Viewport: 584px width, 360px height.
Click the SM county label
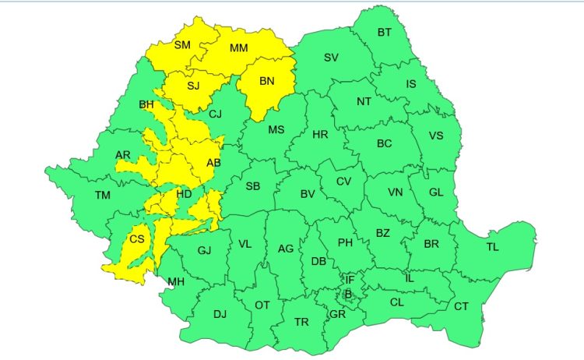pyautogui.click(x=182, y=45)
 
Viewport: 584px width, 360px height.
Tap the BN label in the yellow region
pyautogui.click(x=266, y=80)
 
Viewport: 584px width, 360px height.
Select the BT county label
pyautogui.click(x=385, y=32)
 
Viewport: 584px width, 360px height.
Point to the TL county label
pyautogui.click(x=492, y=247)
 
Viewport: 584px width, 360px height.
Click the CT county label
pyautogui.click(x=461, y=306)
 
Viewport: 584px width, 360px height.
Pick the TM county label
pyautogui.click(x=103, y=195)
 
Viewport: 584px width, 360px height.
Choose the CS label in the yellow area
pyautogui.click(x=137, y=239)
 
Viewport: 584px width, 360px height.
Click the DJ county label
pyautogui.click(x=220, y=314)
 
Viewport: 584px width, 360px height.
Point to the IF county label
pyautogui.click(x=350, y=279)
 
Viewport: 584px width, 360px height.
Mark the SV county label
pyautogui.click(x=331, y=57)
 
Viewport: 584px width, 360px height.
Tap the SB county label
pyautogui.click(x=252, y=186)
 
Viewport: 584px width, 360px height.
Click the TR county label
pyautogui.click(x=301, y=321)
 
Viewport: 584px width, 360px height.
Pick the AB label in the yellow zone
pyautogui.click(x=213, y=162)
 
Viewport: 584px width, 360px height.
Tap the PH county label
pyautogui.click(x=345, y=242)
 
